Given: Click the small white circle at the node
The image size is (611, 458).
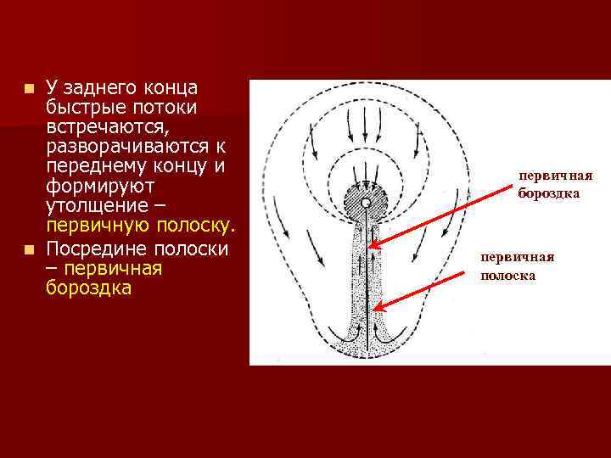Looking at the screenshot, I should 365,204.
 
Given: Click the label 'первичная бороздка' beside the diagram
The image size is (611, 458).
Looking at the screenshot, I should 555,184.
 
